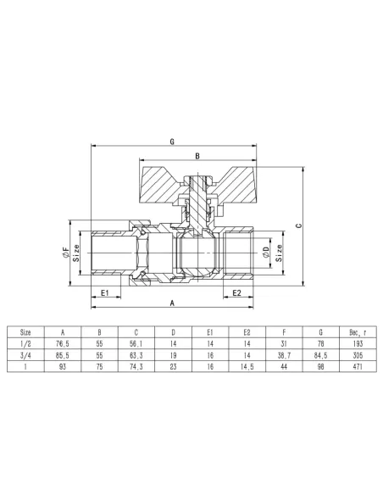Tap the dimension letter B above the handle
click(x=197, y=156)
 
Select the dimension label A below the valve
click(x=172, y=303)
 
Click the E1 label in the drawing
click(x=105, y=292)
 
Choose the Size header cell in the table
click(x=25, y=333)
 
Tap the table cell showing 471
click(x=355, y=369)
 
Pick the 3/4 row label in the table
click(x=25, y=357)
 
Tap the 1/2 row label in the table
click(x=25, y=345)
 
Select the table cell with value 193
click(x=355, y=345)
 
